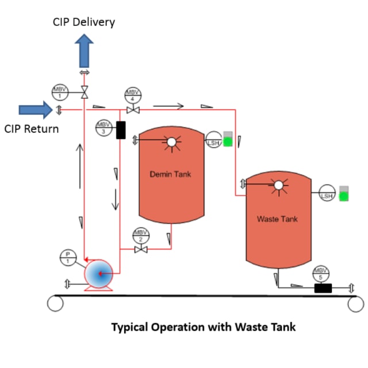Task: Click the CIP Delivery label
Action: click(84, 22)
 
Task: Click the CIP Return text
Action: click(32, 129)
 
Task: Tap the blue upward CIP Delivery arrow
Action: click(85, 50)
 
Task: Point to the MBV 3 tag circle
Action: click(103, 127)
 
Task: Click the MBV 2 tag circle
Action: click(140, 235)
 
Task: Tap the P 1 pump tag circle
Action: click(67, 258)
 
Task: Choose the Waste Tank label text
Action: click(277, 219)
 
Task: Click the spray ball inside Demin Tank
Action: click(170, 141)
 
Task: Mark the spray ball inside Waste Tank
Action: click(278, 185)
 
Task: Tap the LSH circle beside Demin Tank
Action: click(214, 140)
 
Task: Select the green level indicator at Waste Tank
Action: click(344, 195)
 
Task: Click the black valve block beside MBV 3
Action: click(121, 130)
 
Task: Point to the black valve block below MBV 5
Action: click(324, 288)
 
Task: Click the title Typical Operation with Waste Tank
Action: click(203, 327)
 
